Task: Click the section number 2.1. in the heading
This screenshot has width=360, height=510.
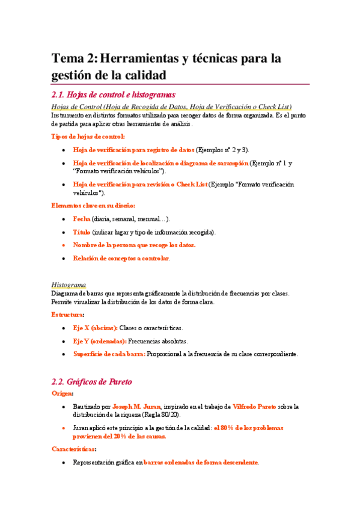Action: tap(59, 94)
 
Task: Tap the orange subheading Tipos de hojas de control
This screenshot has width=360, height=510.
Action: tap(88, 137)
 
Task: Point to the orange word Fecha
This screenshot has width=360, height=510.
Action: tap(82, 220)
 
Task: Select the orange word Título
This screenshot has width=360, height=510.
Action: tap(82, 232)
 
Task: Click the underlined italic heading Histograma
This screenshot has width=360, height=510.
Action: tap(69, 284)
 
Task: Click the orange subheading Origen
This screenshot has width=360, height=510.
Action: tap(63, 393)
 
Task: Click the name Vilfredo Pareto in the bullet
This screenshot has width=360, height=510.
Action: tap(254, 407)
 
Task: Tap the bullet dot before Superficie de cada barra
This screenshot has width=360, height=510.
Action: tap(64, 354)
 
